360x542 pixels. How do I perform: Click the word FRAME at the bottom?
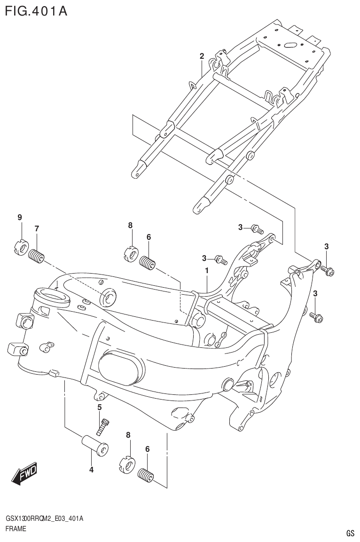click(15, 529)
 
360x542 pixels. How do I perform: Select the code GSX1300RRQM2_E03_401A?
click(44, 518)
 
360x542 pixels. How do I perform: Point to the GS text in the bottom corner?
click(350, 533)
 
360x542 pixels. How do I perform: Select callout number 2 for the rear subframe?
click(202, 56)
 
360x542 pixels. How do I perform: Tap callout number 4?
click(91, 469)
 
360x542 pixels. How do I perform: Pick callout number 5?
click(100, 407)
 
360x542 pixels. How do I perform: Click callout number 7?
click(36, 228)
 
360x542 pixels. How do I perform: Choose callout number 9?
click(20, 217)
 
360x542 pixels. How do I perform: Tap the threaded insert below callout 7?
click(36, 257)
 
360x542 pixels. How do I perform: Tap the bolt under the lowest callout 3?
click(316, 318)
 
